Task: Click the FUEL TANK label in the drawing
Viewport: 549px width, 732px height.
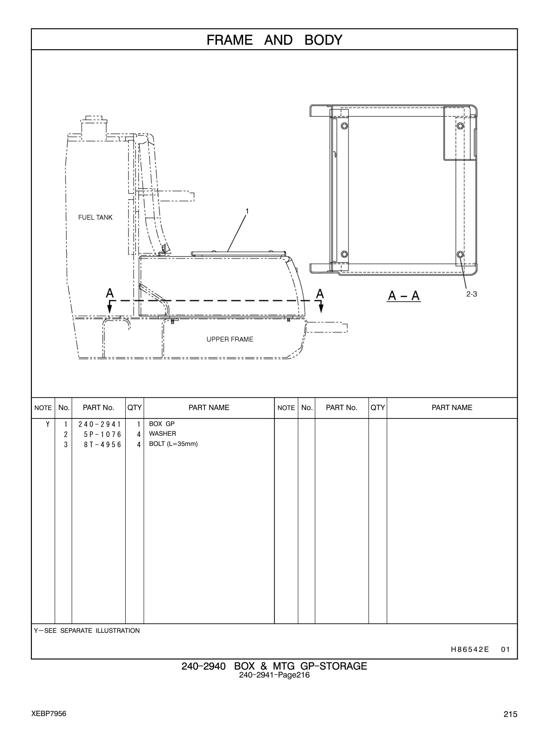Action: (x=95, y=217)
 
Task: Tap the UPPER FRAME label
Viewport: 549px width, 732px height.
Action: (x=230, y=339)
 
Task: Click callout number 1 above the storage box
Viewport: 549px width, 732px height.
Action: (x=247, y=211)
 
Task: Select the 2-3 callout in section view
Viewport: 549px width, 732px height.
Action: (x=472, y=294)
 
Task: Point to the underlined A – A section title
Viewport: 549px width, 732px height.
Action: (x=404, y=296)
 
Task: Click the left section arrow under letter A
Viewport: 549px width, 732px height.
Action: (x=110, y=307)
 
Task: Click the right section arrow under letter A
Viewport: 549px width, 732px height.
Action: (x=321, y=306)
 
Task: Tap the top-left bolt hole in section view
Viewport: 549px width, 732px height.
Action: (x=344, y=126)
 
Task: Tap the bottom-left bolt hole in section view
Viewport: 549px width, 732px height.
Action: (x=344, y=254)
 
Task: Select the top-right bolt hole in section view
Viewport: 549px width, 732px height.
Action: (x=460, y=126)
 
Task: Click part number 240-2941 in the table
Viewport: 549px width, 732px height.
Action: (x=99, y=424)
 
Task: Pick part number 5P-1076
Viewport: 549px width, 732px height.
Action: (x=102, y=434)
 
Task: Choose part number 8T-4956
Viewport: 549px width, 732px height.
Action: (x=102, y=444)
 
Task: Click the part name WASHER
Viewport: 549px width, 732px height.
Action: (x=162, y=434)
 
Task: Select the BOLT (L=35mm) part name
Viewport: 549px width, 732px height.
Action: (x=173, y=444)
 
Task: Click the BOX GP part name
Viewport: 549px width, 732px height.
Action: (x=162, y=424)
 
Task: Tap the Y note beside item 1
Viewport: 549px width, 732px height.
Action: (x=48, y=424)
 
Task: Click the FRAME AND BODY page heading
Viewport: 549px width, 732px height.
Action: (x=274, y=40)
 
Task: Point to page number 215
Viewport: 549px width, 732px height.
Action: (x=510, y=714)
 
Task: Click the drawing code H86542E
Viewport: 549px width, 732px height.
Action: (x=470, y=649)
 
